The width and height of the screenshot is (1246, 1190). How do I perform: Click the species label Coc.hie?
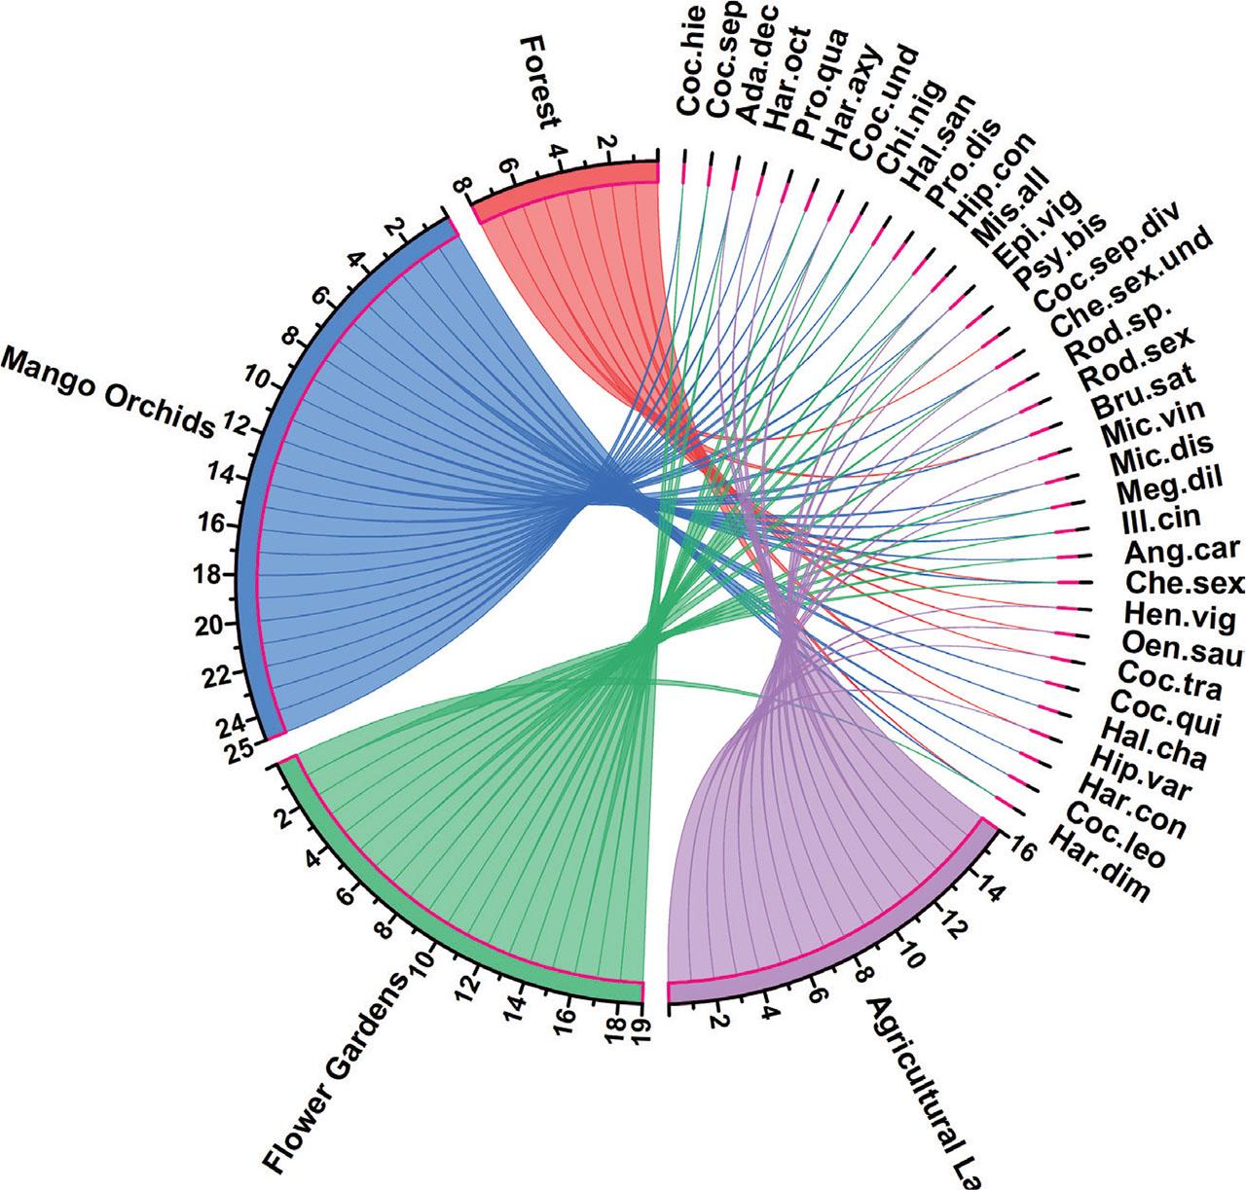pos(691,60)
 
